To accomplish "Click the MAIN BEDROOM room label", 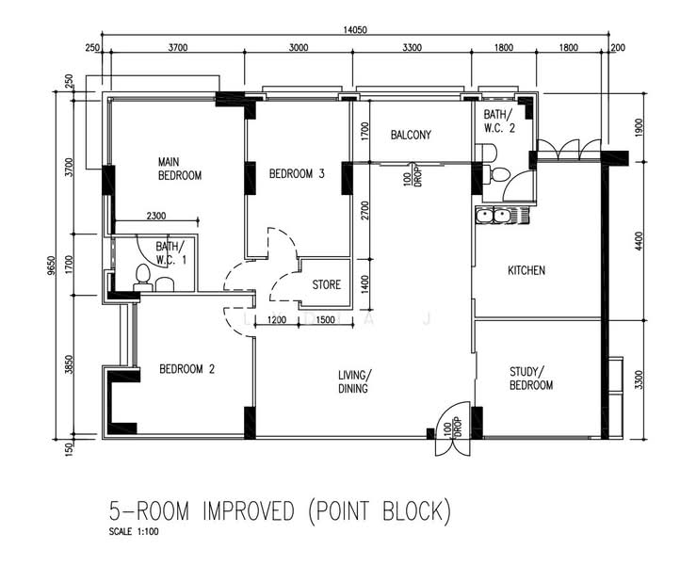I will pyautogui.click(x=179, y=169).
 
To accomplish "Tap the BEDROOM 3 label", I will pyautogui.click(x=297, y=173).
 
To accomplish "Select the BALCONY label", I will pyautogui.click(x=411, y=135).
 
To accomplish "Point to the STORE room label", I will pyautogui.click(x=327, y=284).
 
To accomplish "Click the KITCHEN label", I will pyautogui.click(x=526, y=270).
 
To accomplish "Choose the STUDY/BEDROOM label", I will pyautogui.click(x=531, y=379).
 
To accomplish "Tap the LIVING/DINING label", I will pyautogui.click(x=354, y=381).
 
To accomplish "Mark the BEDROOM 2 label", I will pyautogui.click(x=186, y=369).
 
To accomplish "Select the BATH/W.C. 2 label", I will pyautogui.click(x=498, y=120).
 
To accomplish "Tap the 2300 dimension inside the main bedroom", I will pyautogui.click(x=158, y=216).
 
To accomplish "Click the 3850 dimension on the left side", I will pyautogui.click(x=67, y=366).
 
